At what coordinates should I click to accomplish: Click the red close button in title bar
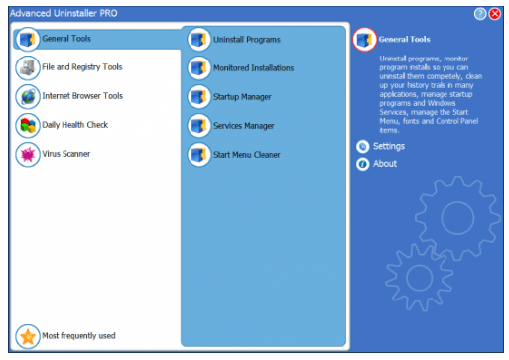[495, 13]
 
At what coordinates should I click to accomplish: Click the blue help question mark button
[481, 13]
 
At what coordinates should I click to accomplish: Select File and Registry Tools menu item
[81, 67]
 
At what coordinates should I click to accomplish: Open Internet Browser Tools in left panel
[81, 96]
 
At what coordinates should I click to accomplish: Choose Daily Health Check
[74, 125]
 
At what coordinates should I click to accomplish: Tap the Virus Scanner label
[64, 154]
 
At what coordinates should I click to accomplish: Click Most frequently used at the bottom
[78, 335]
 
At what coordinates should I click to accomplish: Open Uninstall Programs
[246, 40]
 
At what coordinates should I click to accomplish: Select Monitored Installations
[253, 68]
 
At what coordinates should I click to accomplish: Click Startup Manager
[242, 97]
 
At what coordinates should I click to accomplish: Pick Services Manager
[243, 126]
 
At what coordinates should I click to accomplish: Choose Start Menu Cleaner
[247, 155]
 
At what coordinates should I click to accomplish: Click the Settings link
[389, 146]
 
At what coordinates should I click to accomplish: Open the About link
[385, 164]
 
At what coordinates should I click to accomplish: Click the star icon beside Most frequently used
[28, 335]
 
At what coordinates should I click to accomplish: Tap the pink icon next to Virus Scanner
[28, 154]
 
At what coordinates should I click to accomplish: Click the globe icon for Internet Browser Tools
[28, 96]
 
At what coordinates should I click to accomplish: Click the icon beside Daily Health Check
[28, 125]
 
